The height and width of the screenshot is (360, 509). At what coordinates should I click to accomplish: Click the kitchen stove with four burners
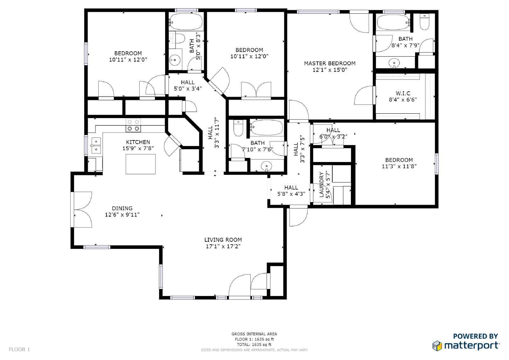pos(133,125)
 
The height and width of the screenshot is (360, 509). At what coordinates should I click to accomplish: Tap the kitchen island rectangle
pos(141,164)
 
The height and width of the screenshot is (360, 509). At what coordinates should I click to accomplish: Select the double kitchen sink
pos(96,145)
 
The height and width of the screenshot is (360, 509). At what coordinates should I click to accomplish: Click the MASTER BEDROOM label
pos(330,63)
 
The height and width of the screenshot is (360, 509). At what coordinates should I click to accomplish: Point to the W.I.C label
pos(403,93)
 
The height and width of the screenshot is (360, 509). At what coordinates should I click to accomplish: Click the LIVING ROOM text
pos(223,240)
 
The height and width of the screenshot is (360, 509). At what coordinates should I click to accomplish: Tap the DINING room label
pos(122,208)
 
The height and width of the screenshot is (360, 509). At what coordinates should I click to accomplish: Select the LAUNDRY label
pos(321,184)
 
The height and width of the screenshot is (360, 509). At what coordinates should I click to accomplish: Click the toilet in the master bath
pos(424,22)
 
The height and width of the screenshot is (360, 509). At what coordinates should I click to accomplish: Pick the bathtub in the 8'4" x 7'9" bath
pos(393,22)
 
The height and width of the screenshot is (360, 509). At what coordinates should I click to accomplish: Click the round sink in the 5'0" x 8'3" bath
pos(175,60)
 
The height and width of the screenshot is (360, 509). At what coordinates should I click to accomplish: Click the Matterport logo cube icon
pos(437,346)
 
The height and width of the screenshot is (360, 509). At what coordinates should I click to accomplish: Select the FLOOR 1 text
pos(19,349)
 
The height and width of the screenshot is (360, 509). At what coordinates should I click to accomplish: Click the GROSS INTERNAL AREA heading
pos(254,334)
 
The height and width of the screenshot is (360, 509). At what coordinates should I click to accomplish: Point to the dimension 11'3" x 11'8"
pos(399,166)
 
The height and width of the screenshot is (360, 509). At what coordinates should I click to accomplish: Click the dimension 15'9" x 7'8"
pos(138,149)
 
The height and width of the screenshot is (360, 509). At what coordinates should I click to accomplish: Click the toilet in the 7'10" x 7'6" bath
pos(238,128)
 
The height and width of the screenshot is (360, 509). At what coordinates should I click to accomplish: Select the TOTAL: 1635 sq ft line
pos(254,344)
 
